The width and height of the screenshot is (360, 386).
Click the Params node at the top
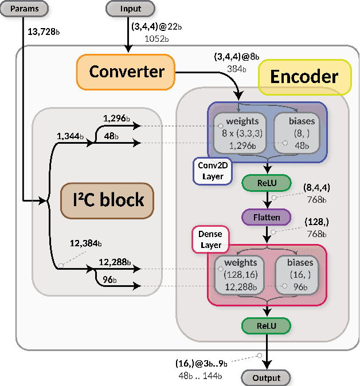coord(24,9)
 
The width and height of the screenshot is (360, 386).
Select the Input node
coord(131,9)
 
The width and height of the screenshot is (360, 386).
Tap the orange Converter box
coord(126,72)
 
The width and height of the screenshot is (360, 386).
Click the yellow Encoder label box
coord(304,77)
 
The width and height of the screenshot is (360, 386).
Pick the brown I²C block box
coord(107,200)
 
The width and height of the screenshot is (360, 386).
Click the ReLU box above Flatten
coord(267,183)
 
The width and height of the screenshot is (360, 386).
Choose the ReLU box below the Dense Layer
coord(267,325)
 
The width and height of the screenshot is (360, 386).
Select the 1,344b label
coord(71,136)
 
